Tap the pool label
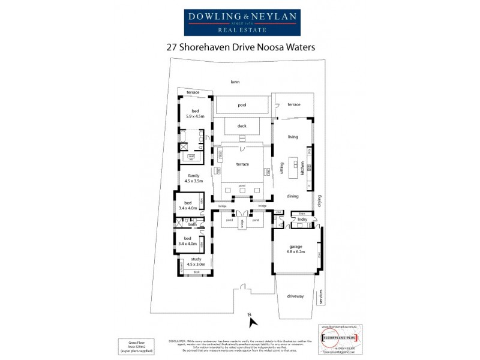point(242,105)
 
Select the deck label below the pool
point(242,126)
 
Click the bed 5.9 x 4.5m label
point(195,114)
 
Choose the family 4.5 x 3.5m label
point(194,178)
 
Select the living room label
point(293,137)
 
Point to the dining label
point(292,196)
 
